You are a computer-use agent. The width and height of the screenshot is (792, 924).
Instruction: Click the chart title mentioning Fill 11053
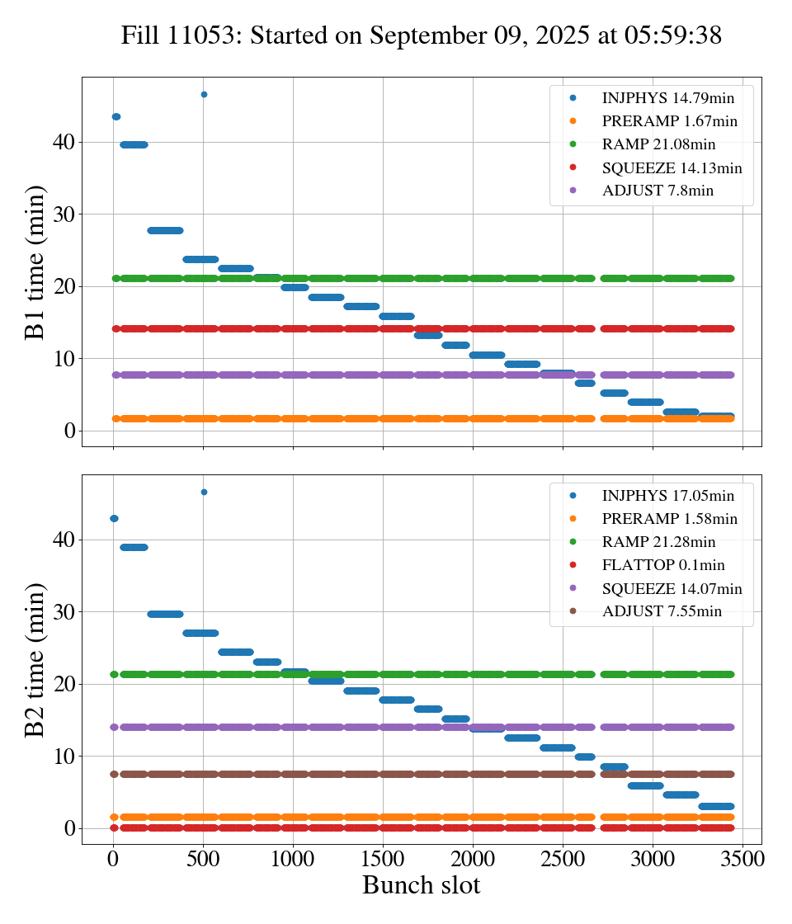coord(422,35)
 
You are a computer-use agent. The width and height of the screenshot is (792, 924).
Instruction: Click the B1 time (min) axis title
coord(35,262)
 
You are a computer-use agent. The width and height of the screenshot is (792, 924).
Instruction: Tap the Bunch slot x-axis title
coord(421,886)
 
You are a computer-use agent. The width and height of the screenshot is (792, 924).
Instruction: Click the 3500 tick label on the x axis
coord(742,858)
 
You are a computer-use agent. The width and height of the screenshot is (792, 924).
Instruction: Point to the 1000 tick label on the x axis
coord(293,858)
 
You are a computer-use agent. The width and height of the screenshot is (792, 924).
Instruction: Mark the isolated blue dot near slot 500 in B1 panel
coord(204,94)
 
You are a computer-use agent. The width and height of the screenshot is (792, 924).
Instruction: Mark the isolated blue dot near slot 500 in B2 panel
coord(204,492)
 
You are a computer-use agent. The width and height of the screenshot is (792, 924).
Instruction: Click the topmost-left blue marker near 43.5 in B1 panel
coord(115,116)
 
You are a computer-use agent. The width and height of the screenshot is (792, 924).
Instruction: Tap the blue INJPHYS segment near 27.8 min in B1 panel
coord(165,230)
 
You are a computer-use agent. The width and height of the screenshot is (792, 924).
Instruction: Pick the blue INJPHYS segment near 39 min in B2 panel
coord(134,547)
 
